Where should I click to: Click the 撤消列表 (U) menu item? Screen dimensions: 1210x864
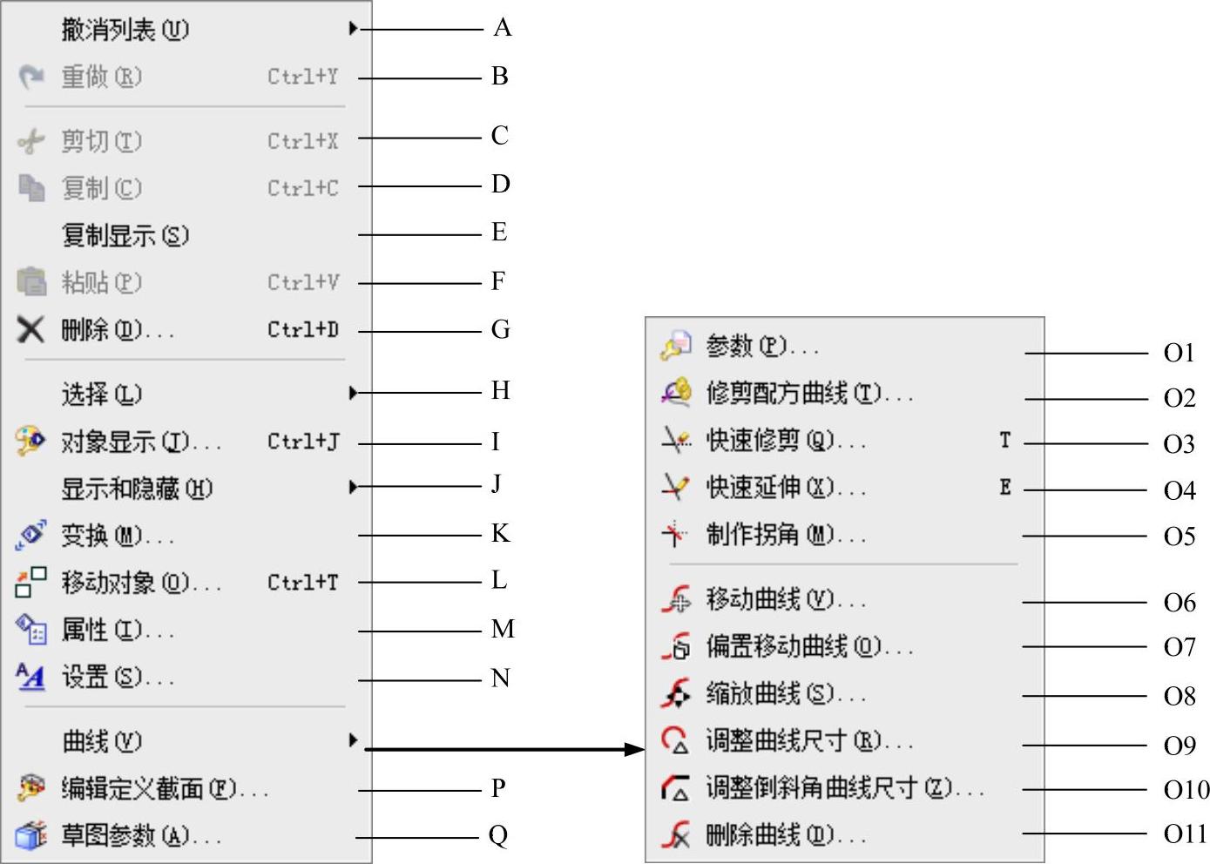(x=125, y=30)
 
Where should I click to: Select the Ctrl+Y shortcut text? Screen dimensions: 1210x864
(x=302, y=77)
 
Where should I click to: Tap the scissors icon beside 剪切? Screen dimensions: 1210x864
(x=30, y=141)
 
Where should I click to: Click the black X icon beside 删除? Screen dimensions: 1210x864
(x=30, y=329)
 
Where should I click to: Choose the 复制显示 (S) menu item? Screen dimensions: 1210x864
(x=125, y=235)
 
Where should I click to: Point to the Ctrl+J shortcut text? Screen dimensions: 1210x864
(x=302, y=442)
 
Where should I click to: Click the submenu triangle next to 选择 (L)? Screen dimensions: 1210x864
(x=353, y=393)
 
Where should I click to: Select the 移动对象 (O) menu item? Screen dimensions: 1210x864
(x=139, y=582)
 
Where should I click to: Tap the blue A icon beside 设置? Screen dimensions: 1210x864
(x=30, y=676)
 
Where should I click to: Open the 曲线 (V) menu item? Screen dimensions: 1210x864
(x=101, y=741)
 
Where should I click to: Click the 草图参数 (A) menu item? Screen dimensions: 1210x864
(x=139, y=836)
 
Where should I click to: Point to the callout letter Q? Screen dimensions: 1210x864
(x=498, y=835)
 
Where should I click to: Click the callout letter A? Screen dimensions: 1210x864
(x=502, y=28)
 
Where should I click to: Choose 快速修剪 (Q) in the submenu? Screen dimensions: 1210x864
(x=785, y=440)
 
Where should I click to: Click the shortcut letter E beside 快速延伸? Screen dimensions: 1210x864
(x=1005, y=487)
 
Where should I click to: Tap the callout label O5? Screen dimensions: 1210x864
(x=1180, y=536)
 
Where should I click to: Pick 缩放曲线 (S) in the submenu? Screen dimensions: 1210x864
(x=785, y=693)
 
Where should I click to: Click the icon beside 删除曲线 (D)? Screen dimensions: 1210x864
(x=675, y=835)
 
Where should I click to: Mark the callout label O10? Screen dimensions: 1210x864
(x=1186, y=789)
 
